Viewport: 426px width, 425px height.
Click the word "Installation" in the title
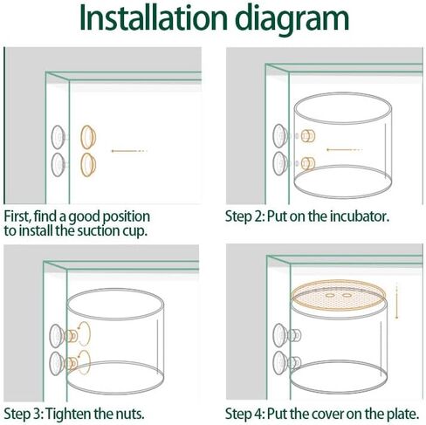point(153,18)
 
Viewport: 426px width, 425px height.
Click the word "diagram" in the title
point(292,20)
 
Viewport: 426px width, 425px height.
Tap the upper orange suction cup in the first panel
point(88,137)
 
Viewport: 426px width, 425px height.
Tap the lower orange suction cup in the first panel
point(88,165)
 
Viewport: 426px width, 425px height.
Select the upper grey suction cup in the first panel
point(58,137)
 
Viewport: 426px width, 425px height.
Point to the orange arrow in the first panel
point(129,151)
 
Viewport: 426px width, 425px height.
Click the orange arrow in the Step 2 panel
point(345,150)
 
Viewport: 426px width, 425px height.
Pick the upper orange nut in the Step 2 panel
point(307,136)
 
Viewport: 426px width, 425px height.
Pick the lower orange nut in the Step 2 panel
point(307,163)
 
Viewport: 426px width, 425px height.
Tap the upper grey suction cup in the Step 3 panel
point(57,336)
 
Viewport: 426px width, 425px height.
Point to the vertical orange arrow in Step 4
point(396,300)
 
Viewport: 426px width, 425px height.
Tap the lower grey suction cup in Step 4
point(280,362)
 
